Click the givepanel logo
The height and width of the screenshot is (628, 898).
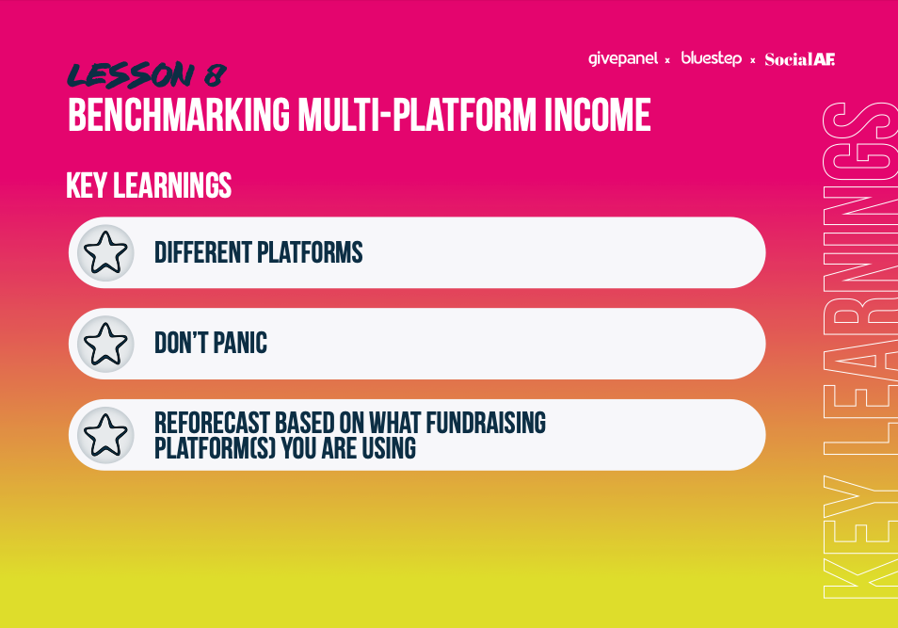[623, 59]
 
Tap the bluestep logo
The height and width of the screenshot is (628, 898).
[712, 58]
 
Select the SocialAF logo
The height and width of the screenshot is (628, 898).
[800, 59]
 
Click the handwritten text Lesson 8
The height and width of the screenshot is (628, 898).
[147, 75]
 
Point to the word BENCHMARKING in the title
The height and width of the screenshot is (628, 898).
[179, 115]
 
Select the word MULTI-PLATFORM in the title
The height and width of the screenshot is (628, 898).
[418, 115]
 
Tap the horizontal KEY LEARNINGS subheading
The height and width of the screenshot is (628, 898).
[149, 185]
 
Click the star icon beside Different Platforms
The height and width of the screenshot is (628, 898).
[105, 252]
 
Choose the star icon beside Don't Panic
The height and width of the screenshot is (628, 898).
[105, 344]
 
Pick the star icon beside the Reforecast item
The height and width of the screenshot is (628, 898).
[105, 435]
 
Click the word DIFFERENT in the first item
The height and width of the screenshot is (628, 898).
[202, 252]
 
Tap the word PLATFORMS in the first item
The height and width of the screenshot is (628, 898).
[310, 252]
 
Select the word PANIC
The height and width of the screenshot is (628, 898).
[241, 344]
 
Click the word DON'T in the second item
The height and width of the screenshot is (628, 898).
[181, 344]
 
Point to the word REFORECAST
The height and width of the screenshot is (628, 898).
[212, 423]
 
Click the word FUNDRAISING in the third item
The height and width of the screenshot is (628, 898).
[486, 423]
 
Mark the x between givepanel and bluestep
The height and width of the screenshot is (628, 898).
[667, 60]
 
